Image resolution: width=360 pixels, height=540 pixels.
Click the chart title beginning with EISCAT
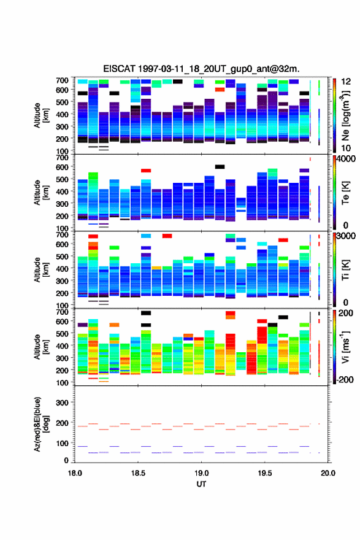[201, 69]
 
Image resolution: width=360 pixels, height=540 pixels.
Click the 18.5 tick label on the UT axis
[138, 473]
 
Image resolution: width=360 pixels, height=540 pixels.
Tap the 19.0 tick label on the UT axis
[201, 473]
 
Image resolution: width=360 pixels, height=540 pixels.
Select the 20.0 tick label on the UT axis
[328, 473]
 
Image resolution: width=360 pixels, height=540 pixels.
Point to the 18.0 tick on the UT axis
[75, 473]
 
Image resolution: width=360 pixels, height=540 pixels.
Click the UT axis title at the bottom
[201, 484]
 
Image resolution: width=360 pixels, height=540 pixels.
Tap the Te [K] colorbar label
[345, 193]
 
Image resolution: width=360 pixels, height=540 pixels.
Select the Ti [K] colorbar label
[345, 270]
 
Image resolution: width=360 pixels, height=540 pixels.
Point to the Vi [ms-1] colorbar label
[346, 347]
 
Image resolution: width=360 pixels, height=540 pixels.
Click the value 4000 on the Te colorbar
[346, 159]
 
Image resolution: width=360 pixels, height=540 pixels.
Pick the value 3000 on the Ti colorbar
[346, 236]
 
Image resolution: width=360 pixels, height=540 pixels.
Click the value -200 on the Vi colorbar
[345, 379]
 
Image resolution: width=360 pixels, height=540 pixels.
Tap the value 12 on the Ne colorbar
[346, 82]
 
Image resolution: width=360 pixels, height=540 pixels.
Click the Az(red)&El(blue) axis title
[41, 424]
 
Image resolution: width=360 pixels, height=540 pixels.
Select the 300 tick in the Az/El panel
[62, 403]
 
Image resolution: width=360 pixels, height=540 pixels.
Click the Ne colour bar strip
[334, 115]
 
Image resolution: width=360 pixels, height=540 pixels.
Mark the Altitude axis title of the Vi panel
[41, 347]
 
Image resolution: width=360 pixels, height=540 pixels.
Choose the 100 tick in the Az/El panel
[62, 443]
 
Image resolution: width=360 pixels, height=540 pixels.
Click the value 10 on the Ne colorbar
[346, 148]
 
